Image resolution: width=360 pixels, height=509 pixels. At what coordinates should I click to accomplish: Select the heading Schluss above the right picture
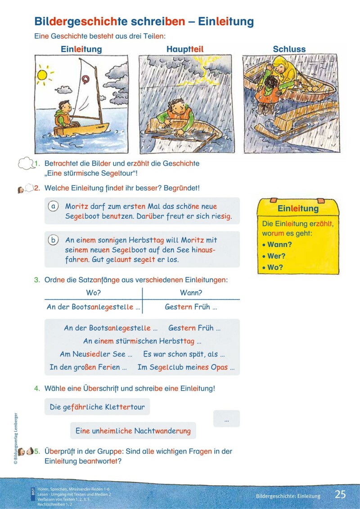point(289,49)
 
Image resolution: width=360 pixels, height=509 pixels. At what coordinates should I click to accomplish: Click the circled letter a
point(53,206)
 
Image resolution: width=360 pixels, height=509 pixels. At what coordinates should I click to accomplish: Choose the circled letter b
point(53,240)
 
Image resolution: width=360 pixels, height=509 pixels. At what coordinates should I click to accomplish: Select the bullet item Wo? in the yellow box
point(275,267)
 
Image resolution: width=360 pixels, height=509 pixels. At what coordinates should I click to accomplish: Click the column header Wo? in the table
point(93,293)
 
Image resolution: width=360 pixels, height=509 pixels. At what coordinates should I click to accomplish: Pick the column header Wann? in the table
point(191,293)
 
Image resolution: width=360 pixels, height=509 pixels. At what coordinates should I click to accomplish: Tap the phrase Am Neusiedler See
point(96,354)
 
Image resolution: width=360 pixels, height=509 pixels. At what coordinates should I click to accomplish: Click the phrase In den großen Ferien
point(88,367)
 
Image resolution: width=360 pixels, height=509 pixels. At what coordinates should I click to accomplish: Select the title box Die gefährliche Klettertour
point(97,407)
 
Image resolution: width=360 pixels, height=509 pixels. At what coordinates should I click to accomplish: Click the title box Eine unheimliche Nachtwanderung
point(133,431)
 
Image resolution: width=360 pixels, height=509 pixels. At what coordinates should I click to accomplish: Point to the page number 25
point(340,494)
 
